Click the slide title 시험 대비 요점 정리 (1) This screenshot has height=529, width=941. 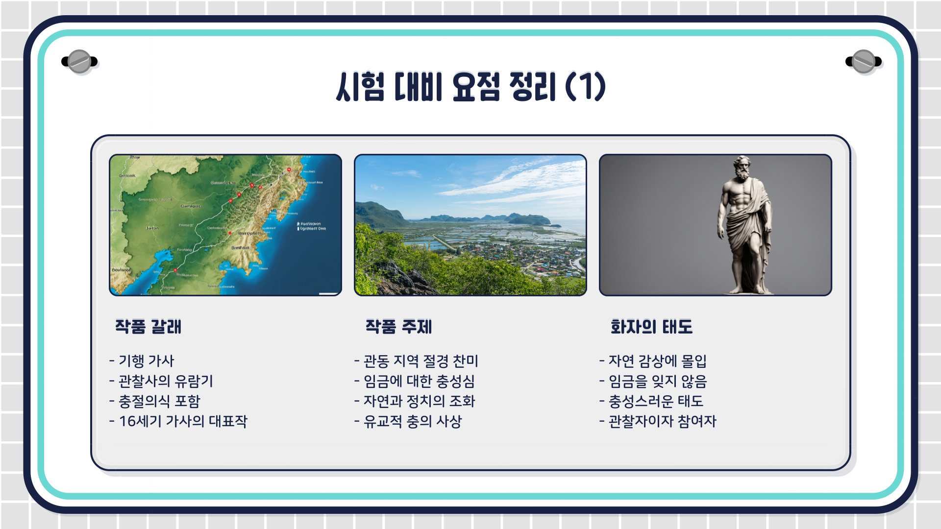point(470,87)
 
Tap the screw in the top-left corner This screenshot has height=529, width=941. point(79,62)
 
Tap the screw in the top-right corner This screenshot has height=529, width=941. point(864,62)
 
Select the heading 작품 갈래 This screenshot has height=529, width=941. point(148,327)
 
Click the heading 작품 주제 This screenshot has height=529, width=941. point(398,327)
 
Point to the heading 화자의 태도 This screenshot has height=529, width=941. point(651,327)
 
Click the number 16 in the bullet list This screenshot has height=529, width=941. point(127,421)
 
